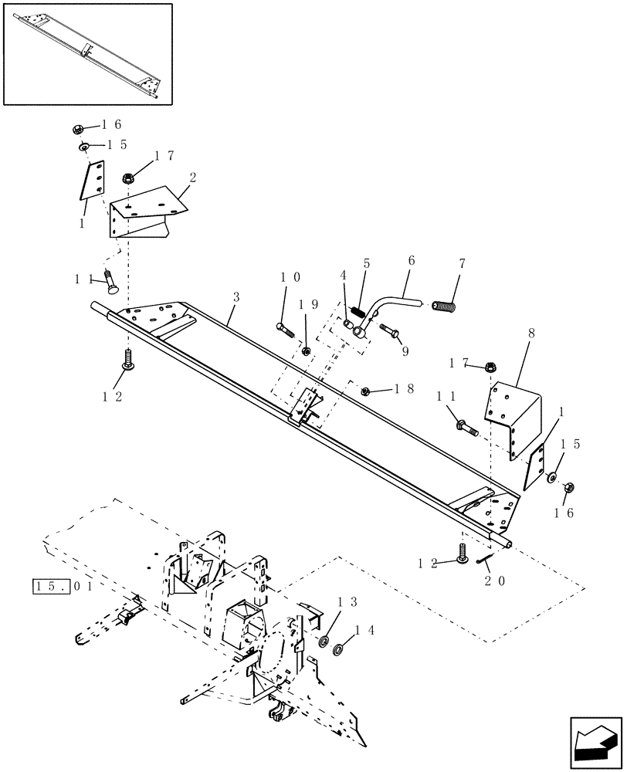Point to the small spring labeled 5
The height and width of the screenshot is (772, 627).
point(358,313)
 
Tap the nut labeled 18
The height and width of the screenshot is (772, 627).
point(366,391)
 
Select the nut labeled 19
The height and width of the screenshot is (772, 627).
point(305,351)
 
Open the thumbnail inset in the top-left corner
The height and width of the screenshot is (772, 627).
point(88,53)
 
